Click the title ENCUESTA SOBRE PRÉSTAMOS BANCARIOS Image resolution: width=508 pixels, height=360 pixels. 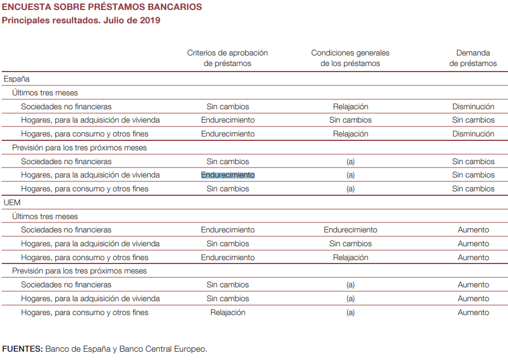point(102,7)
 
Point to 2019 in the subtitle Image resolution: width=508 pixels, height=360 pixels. point(149,21)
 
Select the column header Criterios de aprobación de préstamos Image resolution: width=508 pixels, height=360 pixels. point(227,58)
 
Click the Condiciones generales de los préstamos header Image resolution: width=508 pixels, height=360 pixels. point(350,58)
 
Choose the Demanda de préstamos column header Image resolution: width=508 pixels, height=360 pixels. point(473,58)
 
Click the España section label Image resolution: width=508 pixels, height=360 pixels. point(17,79)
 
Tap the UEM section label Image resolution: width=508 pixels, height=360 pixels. point(12,202)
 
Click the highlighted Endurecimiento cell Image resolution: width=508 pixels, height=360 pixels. point(228,175)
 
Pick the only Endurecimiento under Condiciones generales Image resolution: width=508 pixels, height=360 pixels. point(350,230)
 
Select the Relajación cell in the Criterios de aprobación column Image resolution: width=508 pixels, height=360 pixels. point(228,312)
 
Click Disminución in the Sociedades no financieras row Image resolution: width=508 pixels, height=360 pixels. point(473,107)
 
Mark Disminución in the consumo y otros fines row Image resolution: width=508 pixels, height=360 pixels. point(473,134)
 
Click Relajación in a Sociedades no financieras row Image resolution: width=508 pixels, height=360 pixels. point(350,107)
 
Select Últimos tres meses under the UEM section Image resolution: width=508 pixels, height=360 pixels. point(45,216)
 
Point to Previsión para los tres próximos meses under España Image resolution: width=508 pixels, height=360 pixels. point(79,148)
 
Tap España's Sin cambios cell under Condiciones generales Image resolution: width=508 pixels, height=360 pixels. point(350,120)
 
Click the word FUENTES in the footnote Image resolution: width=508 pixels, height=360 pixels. point(22,349)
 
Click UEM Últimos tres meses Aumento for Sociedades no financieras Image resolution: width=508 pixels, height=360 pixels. point(473,230)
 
